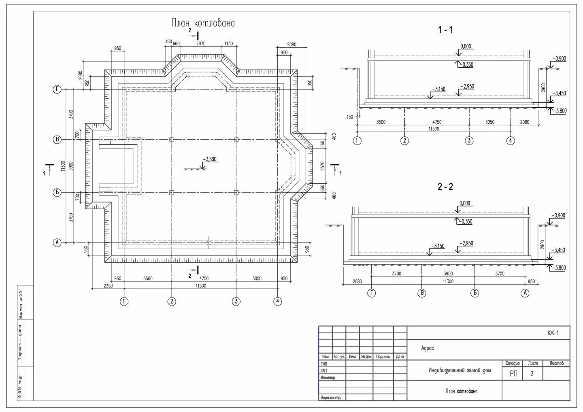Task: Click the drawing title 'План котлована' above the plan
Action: click(203, 23)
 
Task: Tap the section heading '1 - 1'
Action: click(445, 30)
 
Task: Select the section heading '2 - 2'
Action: click(445, 187)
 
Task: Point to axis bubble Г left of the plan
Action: click(57, 90)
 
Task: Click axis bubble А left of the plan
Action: click(57, 243)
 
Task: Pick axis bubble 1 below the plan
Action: click(124, 301)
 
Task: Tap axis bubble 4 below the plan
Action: click(277, 301)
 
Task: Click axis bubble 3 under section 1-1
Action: click(469, 141)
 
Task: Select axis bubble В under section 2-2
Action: click(422, 293)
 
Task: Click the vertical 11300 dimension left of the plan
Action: click(63, 166)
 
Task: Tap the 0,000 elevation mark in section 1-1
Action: click(466, 46)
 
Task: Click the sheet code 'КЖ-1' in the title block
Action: click(553, 333)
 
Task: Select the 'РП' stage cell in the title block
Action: click(513, 374)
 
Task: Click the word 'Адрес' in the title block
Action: click(428, 348)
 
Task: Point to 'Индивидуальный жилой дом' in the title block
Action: click(460, 370)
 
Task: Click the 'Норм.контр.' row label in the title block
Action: click(330, 398)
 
